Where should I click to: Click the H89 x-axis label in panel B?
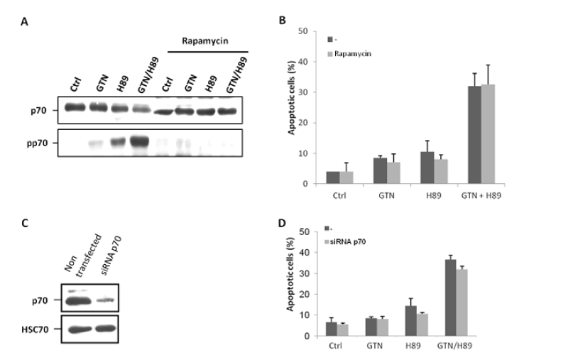434,194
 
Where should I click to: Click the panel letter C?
27,221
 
